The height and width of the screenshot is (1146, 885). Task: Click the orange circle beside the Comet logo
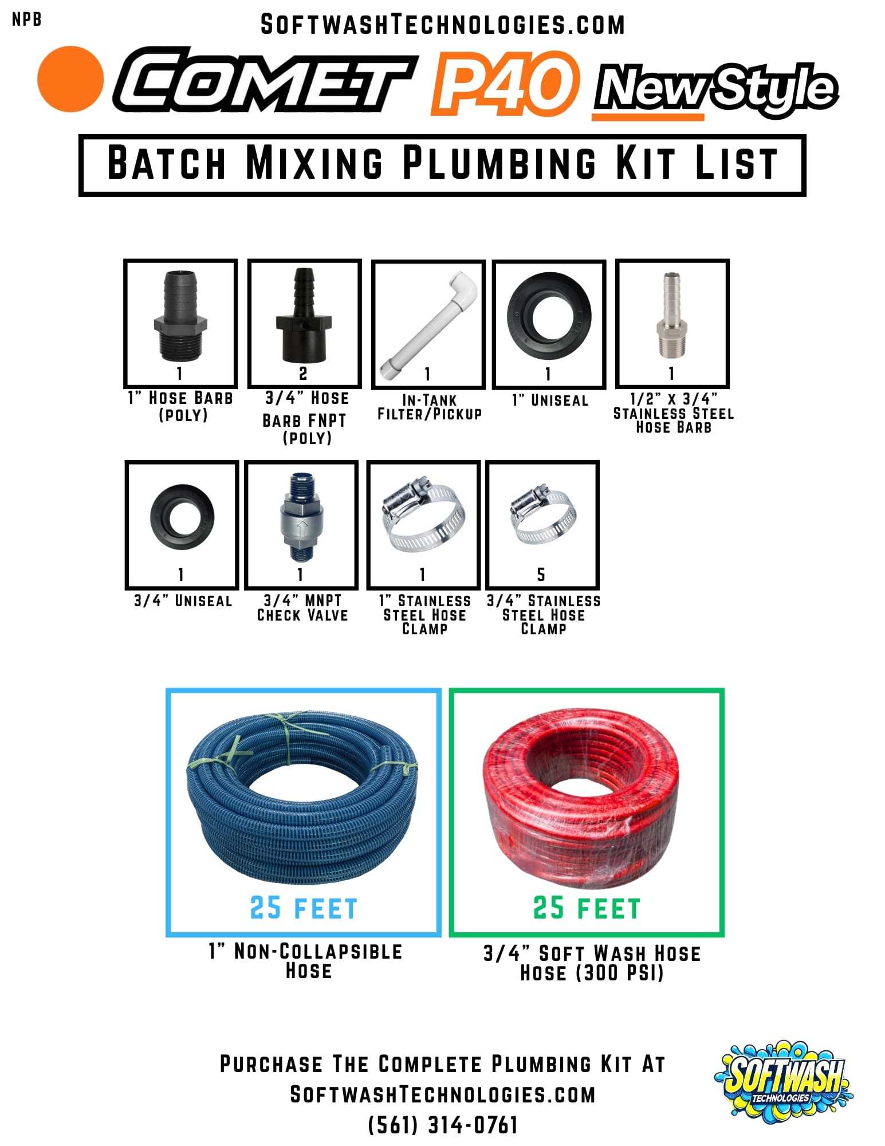point(70,79)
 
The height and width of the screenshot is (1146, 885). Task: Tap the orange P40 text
point(504,83)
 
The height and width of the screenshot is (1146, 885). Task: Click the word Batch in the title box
point(166,163)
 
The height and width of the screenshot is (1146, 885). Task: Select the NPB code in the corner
point(26,19)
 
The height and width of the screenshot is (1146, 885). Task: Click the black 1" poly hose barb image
point(180,315)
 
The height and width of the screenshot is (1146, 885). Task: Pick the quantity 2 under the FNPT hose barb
point(303,374)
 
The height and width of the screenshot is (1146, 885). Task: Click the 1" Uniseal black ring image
point(549,314)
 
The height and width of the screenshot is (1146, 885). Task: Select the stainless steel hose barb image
point(671,316)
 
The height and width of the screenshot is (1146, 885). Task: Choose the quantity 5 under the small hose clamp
point(541,574)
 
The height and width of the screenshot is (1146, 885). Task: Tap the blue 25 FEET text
point(304,909)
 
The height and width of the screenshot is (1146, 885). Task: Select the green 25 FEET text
point(586,909)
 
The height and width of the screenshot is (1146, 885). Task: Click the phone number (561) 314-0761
point(442,1125)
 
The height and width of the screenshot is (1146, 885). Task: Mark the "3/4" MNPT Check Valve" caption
point(302,608)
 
